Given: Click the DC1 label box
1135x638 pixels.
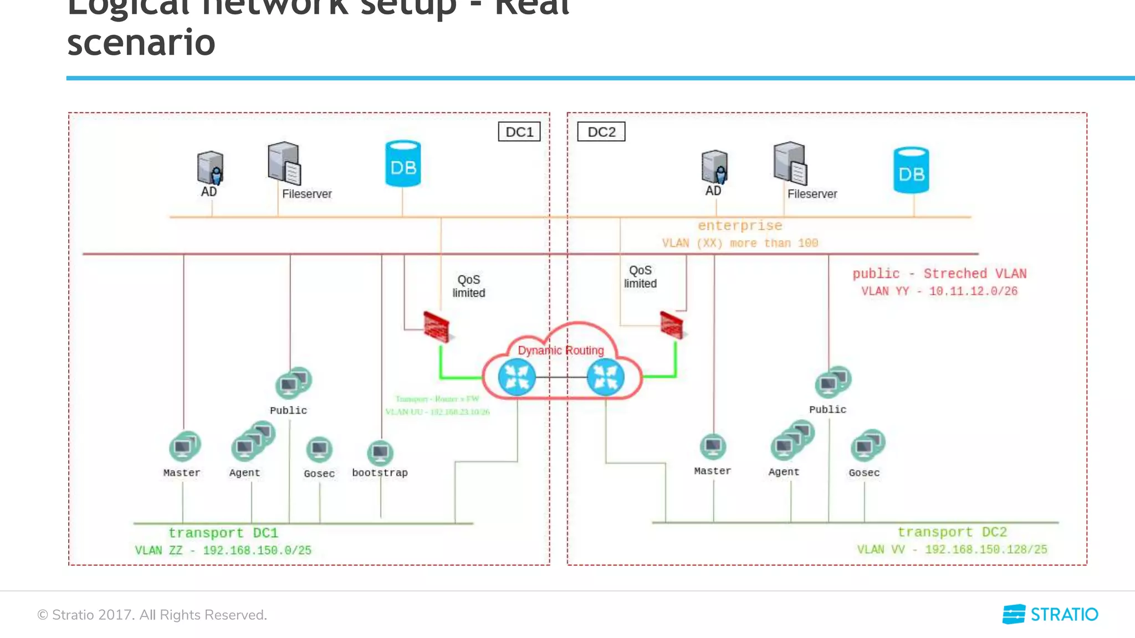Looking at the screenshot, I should point(519,132).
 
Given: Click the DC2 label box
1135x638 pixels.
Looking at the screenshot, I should point(601,132).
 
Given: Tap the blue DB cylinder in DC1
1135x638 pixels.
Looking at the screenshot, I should point(403,164).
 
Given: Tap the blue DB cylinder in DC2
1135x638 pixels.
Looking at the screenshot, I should point(911,171).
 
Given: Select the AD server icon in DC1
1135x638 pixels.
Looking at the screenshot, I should point(210,168).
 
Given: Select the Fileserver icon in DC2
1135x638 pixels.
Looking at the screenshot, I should point(790,164).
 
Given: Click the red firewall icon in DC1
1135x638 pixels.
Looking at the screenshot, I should point(436,327).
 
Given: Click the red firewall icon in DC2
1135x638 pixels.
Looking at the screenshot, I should point(672,326).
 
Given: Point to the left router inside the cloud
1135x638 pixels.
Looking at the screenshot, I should point(517,377).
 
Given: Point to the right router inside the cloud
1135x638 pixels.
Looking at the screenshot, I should point(605,377).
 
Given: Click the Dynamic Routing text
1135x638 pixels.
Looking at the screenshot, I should point(560,351).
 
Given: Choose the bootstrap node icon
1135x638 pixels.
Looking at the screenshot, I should point(380,453).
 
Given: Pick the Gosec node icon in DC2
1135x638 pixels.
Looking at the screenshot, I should point(867,445).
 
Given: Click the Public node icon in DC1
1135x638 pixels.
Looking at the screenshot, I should point(293,383).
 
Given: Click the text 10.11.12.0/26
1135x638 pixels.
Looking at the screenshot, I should point(973,291).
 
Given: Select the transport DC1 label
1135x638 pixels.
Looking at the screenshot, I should point(223,533).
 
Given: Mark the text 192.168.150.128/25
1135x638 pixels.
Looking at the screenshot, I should point(986,549).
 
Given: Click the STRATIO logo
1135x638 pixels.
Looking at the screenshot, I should point(1050,614).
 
